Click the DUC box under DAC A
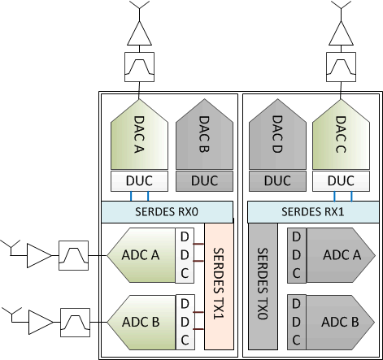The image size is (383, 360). (139, 180)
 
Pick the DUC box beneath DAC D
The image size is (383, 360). (276, 180)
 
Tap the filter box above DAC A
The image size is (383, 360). (139, 66)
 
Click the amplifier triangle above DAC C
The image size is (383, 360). (342, 33)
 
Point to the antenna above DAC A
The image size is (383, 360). (139, 7)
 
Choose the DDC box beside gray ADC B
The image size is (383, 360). (296, 319)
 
